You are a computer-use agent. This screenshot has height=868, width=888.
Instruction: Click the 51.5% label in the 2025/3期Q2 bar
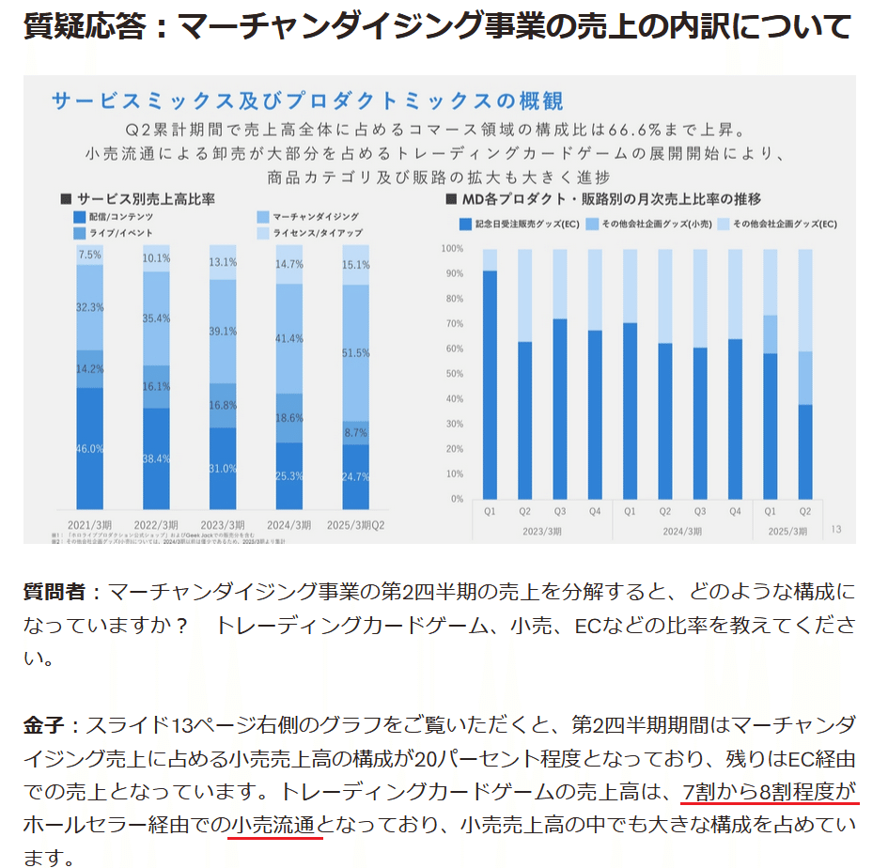[356, 352]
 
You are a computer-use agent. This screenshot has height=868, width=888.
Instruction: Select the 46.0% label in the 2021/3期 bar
[90, 449]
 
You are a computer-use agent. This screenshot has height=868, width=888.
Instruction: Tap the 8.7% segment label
[356, 433]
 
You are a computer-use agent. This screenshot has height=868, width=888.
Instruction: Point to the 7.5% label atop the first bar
[90, 255]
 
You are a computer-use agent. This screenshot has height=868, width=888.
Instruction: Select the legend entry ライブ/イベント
[114, 232]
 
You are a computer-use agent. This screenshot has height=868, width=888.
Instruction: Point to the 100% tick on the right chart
[452, 249]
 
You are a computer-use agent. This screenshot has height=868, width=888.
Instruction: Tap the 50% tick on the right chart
[454, 374]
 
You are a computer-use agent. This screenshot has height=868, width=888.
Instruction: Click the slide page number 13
[836, 530]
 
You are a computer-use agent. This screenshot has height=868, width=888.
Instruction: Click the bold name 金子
[43, 725]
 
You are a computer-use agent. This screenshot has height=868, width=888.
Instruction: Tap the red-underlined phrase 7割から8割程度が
[770, 791]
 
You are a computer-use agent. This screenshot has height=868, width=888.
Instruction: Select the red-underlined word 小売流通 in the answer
[275, 826]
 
